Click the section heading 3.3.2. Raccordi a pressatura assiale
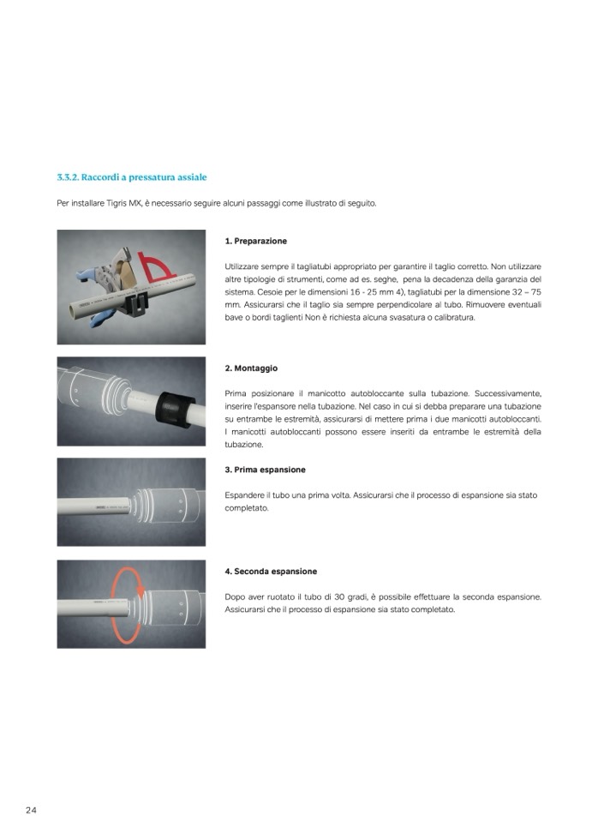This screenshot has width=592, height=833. (132, 177)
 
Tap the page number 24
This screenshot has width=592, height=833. (31, 810)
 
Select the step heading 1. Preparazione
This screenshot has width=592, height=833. (255, 241)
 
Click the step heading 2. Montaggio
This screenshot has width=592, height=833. (251, 368)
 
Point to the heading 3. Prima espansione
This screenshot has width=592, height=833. (265, 470)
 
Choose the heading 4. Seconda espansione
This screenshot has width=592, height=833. (270, 571)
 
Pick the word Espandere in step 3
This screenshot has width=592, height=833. (242, 495)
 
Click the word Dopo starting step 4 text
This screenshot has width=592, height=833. (234, 596)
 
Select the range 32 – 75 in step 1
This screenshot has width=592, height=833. (523, 291)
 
